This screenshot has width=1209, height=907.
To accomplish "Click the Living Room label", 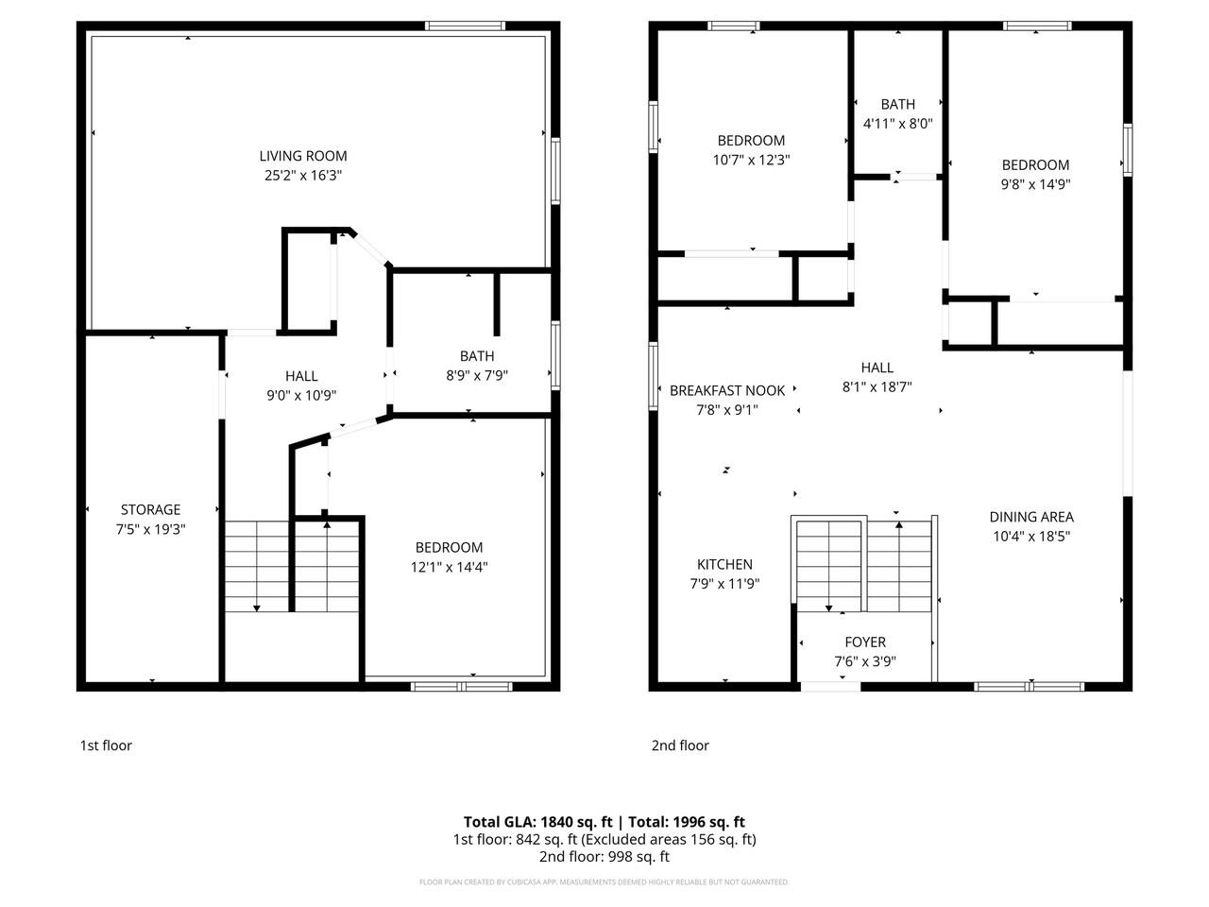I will [303, 156].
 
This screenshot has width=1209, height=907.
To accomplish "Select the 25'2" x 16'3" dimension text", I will [303, 176].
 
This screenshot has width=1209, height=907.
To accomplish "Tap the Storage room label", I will [150, 510].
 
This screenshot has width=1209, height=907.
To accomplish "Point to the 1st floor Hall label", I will [301, 376].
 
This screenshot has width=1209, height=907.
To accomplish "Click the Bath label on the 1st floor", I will [477, 356].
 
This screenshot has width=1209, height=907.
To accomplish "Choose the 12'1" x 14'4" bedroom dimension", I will [449, 567].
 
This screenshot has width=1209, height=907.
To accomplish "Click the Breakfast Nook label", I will [727, 390].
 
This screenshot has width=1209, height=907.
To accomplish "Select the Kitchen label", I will [724, 564].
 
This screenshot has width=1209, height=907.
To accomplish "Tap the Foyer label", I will [865, 642].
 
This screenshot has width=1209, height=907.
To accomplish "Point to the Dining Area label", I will [1031, 517].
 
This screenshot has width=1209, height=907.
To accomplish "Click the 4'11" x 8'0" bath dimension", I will [897, 124].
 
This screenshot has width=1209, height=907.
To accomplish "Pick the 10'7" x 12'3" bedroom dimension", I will [751, 161].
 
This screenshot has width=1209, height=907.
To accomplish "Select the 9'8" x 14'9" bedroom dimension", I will [1036, 184].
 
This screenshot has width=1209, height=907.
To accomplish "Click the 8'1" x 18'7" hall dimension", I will [877, 386].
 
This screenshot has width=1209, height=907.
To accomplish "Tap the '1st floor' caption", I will [106, 745].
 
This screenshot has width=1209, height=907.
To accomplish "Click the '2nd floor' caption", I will [680, 745].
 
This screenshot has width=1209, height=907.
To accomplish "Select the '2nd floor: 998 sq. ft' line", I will [604, 857].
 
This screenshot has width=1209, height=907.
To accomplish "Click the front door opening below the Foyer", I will [830, 686].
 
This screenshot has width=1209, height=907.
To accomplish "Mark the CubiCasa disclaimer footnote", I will [604, 882].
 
